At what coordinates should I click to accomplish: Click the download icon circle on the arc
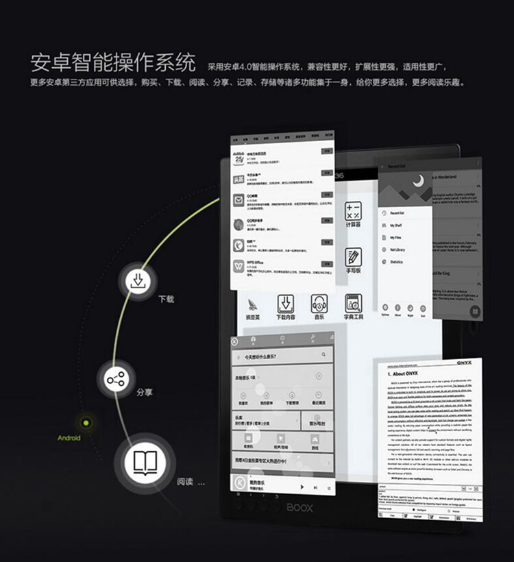138,281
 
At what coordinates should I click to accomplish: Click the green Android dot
86,423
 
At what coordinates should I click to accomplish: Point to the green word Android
69,438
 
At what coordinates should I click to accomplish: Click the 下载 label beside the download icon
167,300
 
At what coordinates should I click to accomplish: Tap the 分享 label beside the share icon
144,393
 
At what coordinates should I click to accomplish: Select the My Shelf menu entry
397,225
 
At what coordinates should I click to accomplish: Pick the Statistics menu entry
397,262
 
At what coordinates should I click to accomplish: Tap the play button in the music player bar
302,486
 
